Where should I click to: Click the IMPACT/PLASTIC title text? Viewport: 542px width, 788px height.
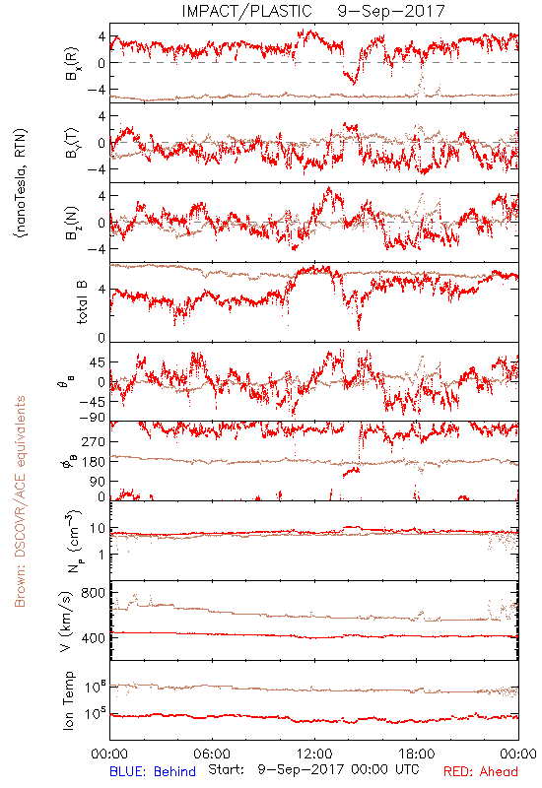click(247, 11)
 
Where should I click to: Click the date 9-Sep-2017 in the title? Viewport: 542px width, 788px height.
click(391, 11)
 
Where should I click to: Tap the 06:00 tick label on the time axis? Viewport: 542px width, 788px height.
click(212, 755)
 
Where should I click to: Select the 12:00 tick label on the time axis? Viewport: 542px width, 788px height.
click(314, 755)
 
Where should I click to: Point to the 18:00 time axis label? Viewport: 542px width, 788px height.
click(416, 755)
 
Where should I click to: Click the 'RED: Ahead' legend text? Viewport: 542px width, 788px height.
click(480, 771)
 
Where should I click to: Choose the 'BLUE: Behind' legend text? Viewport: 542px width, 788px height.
click(153, 771)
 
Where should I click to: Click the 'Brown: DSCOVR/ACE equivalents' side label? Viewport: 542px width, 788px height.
click(20, 501)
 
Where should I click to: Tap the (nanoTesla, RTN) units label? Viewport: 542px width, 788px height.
click(21, 183)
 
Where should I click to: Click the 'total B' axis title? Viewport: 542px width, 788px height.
click(82, 302)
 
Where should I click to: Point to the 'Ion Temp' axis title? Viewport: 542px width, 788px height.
click(68, 700)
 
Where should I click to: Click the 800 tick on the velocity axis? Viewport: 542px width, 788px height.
click(93, 593)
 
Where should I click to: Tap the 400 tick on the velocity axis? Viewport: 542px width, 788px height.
click(93, 638)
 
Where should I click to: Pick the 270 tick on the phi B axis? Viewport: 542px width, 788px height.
click(93, 441)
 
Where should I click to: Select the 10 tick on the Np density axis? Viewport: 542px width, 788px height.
click(98, 529)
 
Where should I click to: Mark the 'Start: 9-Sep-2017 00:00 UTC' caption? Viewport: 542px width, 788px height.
click(313, 769)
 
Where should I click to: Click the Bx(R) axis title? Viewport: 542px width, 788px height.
click(71, 63)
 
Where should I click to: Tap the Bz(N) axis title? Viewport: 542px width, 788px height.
click(71, 223)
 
